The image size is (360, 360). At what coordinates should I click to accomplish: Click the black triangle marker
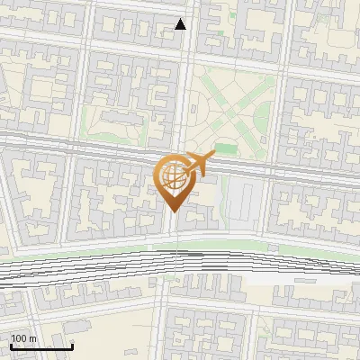point(181,24)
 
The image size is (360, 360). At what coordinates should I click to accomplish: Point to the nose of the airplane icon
point(213,156)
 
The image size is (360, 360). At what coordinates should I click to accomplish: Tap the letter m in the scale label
point(33,338)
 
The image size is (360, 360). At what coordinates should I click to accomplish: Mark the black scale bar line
point(41,346)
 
